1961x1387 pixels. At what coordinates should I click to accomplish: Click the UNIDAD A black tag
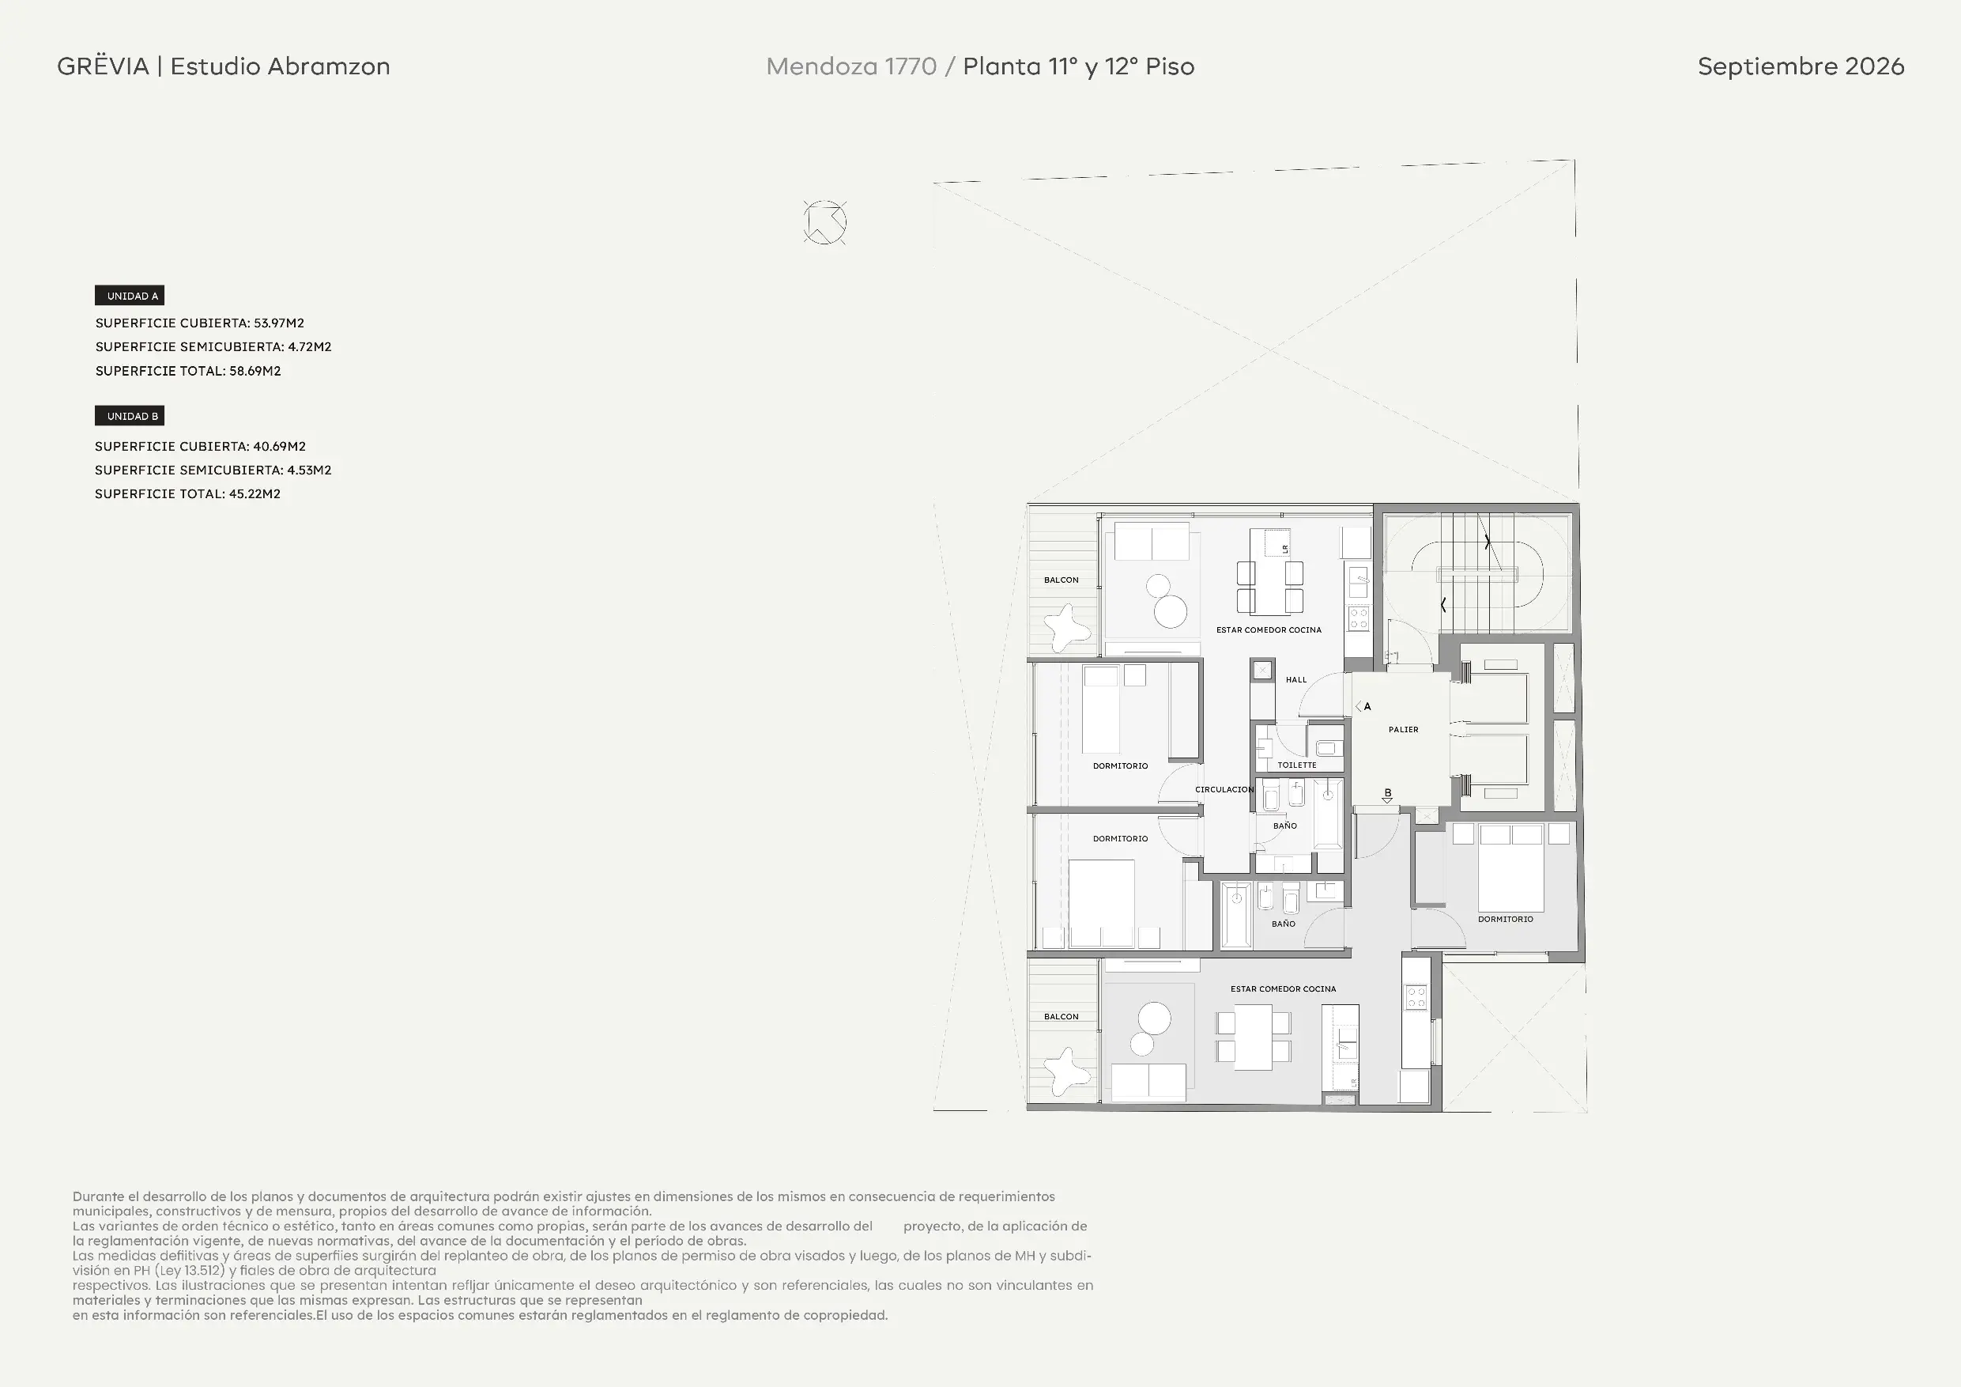pos(129,296)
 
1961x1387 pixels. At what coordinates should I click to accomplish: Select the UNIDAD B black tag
pos(129,416)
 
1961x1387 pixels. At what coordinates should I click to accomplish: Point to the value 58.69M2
pos(255,371)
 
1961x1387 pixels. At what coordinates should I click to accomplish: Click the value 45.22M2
pos(255,494)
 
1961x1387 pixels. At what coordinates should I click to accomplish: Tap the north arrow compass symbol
pos(825,223)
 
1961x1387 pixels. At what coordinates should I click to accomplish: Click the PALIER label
pos(1403,730)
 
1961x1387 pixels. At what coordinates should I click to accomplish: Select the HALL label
pos(1296,680)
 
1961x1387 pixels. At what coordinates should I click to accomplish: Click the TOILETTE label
pos(1296,765)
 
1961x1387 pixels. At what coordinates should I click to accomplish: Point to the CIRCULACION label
pos(1224,790)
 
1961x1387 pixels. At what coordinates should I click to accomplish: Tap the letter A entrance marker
pos(1367,707)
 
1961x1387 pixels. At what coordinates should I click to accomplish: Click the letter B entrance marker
pos(1388,793)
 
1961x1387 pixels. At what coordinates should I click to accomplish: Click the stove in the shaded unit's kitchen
pos(1416,996)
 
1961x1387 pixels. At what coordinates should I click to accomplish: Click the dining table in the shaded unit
pos(1253,1037)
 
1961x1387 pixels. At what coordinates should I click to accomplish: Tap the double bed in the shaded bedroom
pos(1511,867)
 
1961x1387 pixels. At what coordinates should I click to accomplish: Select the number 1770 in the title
pos(911,66)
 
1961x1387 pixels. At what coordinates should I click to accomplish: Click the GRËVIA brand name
pos(104,66)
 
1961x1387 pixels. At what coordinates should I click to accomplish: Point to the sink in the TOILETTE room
pos(1326,750)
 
